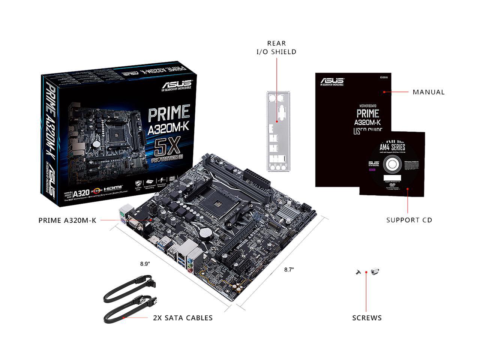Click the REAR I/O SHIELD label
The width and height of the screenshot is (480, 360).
[x=276, y=47]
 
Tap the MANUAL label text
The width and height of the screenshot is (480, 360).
[x=428, y=92]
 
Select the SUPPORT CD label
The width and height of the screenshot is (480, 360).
[x=409, y=220]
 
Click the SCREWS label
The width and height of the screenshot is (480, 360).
[x=367, y=318]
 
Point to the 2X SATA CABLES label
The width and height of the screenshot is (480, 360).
[x=183, y=318]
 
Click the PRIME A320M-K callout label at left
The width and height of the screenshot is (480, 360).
[x=67, y=220]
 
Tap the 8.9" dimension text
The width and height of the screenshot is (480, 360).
[x=145, y=264]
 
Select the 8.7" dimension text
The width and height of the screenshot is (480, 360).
[x=289, y=269]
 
